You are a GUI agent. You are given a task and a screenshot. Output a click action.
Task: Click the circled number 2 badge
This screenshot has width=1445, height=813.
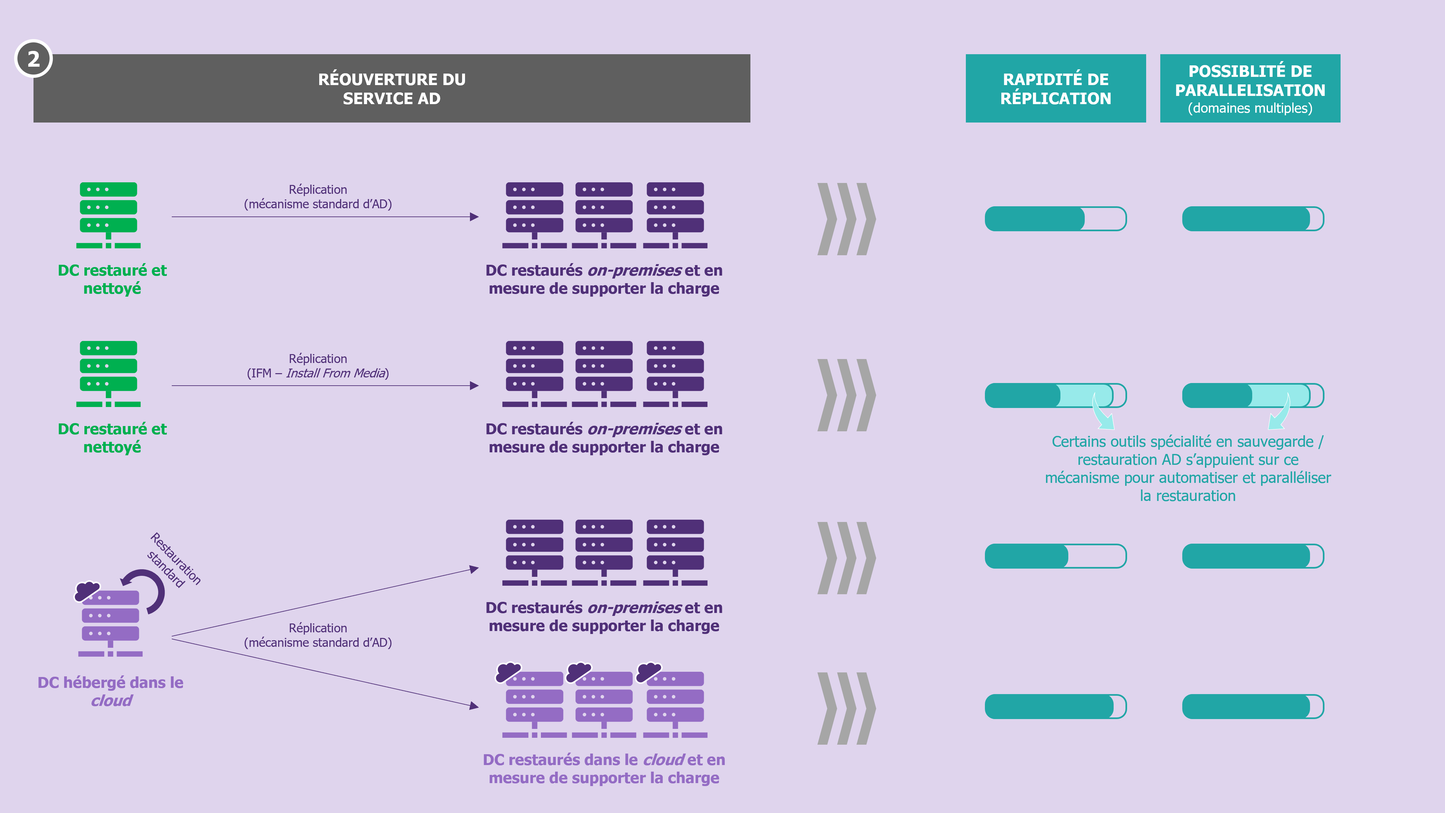pos(33,58)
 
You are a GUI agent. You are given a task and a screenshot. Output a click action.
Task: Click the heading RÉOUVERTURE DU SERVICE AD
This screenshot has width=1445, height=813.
pos(391,89)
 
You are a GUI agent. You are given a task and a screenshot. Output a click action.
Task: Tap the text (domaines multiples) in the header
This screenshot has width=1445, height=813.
pos(1250,108)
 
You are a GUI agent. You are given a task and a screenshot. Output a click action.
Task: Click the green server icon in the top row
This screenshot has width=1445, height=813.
pos(108,215)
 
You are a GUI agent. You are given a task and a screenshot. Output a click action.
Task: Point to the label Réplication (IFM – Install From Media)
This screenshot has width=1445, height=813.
pos(318,366)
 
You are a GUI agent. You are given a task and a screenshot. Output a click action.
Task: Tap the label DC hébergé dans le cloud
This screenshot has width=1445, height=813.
pos(110,691)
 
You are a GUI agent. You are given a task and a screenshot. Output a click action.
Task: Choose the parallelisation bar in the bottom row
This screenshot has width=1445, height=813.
pos(1253,706)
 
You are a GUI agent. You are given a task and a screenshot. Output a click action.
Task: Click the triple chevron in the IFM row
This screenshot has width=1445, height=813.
pos(846,395)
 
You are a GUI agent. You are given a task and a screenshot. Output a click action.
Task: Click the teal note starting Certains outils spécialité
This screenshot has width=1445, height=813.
pos(1188,468)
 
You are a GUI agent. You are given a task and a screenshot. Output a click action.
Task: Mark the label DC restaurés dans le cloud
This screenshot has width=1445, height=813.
pos(604,769)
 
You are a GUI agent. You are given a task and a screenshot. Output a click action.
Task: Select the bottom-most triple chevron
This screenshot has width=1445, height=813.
pos(846,708)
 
